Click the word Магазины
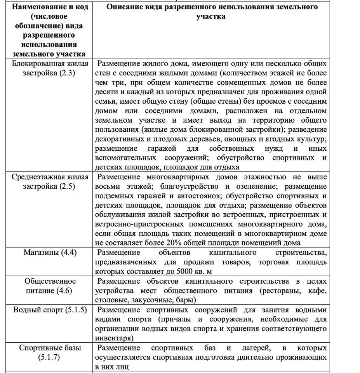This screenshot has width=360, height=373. pos(42,253)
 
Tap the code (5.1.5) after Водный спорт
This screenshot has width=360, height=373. pos(74,310)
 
